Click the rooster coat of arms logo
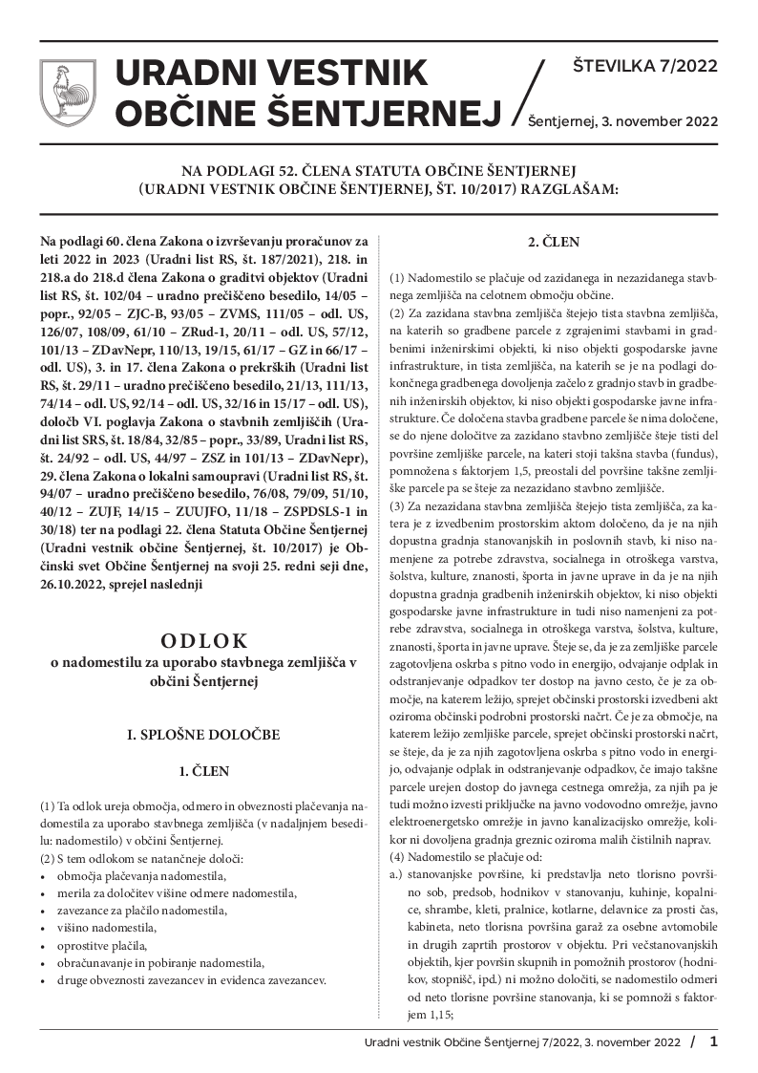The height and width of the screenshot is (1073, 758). (x=68, y=92)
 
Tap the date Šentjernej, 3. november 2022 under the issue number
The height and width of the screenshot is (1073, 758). (x=622, y=122)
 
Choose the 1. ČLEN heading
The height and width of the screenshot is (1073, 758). (x=204, y=769)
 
